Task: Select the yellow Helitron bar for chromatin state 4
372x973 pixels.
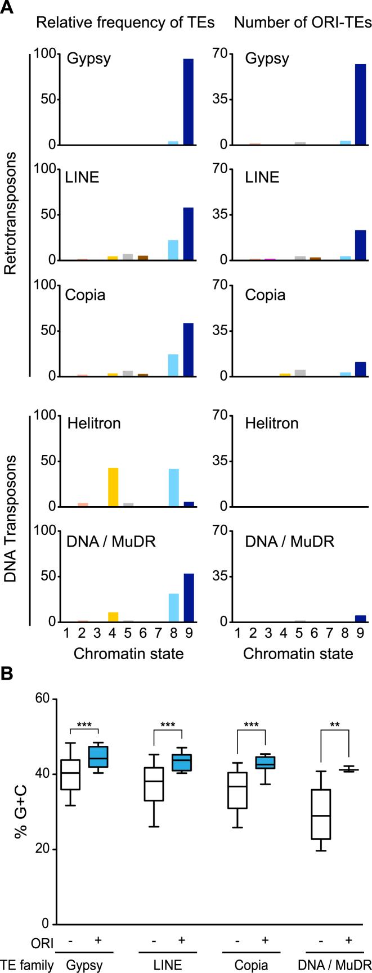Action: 113,487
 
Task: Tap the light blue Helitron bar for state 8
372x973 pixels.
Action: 173,488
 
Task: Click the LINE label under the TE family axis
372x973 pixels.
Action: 167,966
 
